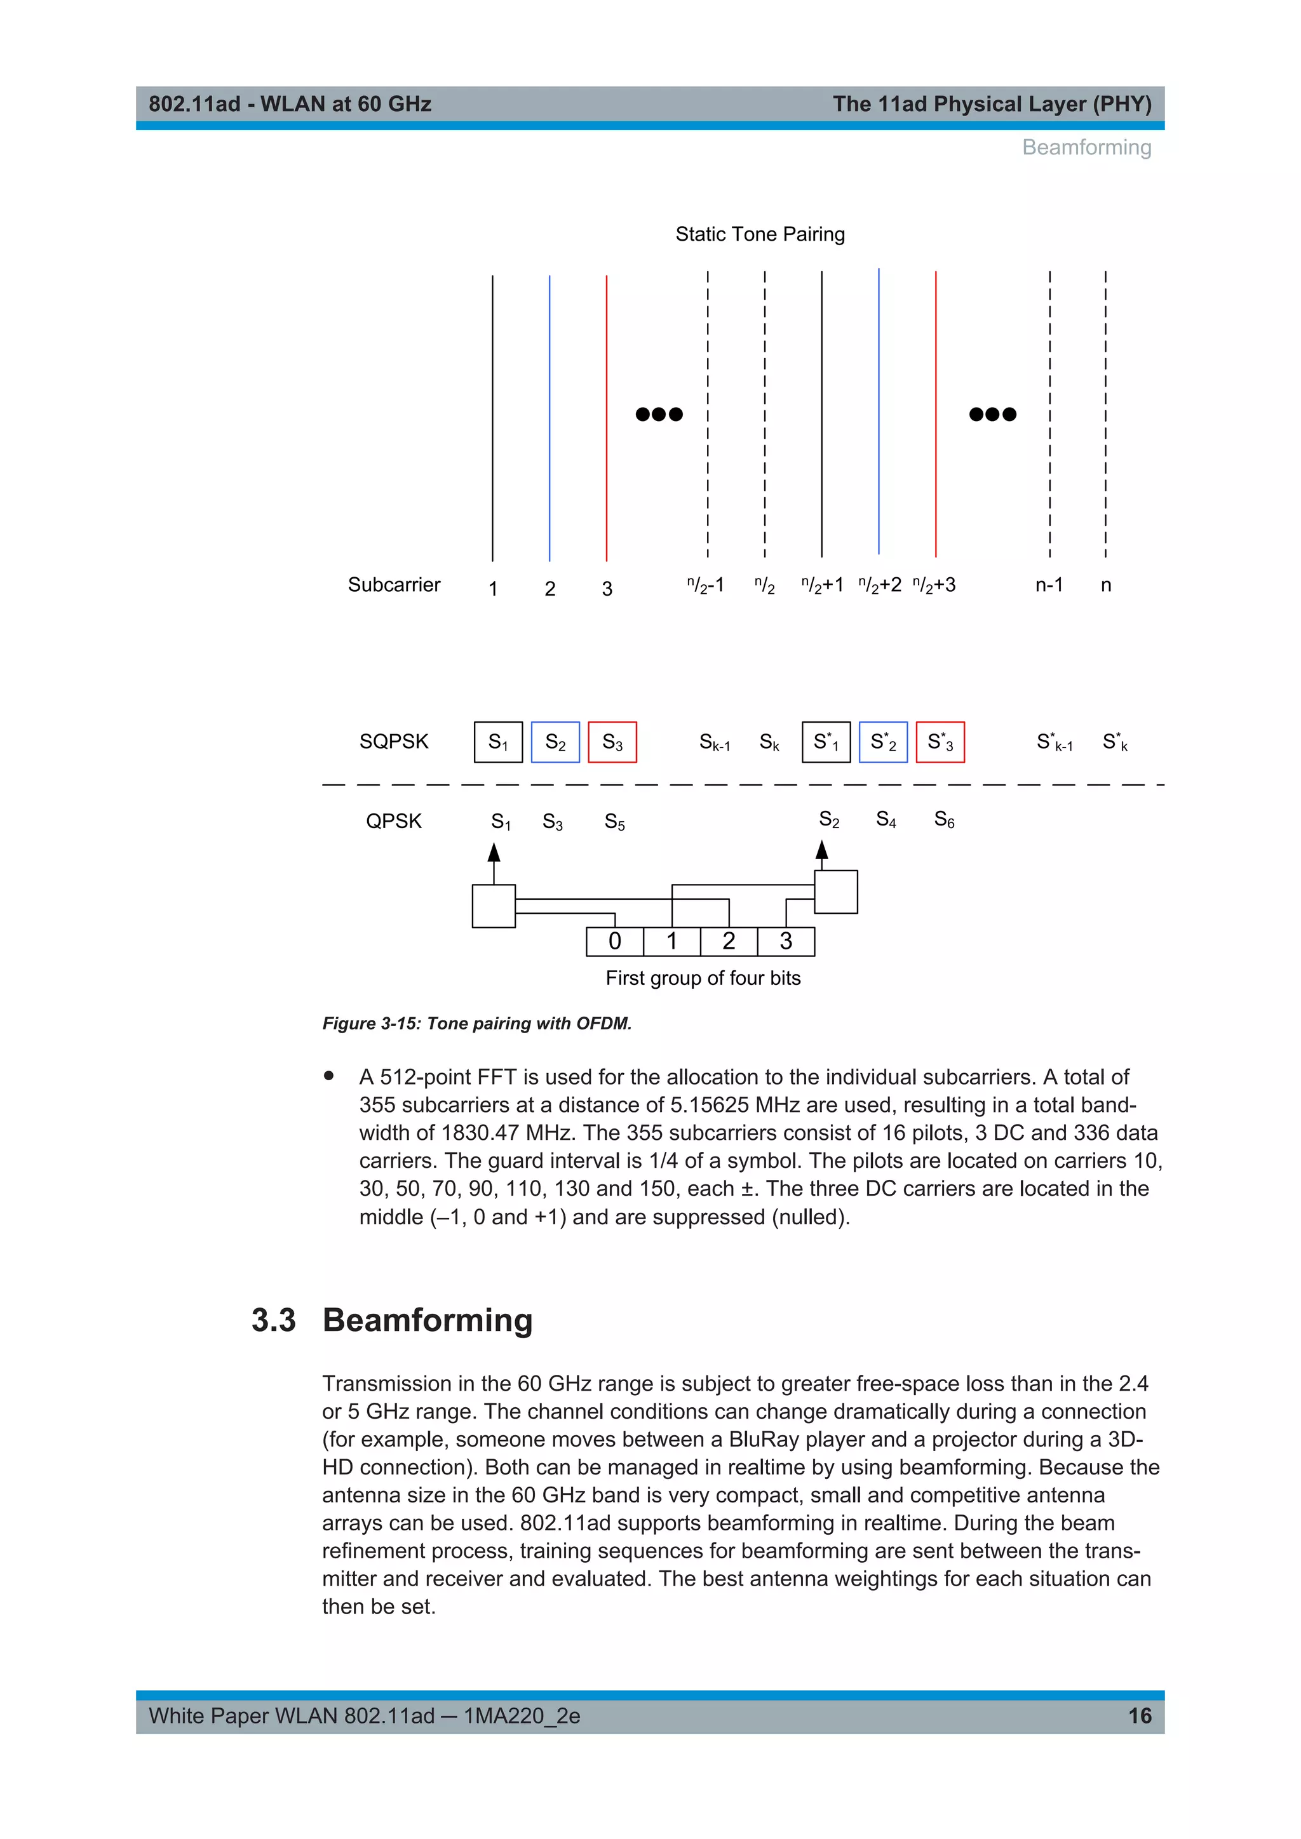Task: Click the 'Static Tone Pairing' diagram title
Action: (x=760, y=234)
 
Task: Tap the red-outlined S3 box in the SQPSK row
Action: (x=612, y=742)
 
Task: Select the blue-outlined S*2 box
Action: (x=883, y=742)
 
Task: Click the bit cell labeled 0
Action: (x=614, y=941)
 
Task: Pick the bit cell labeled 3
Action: (x=786, y=941)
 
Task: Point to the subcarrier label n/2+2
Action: (x=880, y=585)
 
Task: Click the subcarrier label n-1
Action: (x=1049, y=585)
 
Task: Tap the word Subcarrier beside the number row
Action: (x=393, y=585)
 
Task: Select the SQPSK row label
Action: (x=393, y=742)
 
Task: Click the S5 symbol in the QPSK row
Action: (x=614, y=822)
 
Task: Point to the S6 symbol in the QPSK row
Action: (x=944, y=820)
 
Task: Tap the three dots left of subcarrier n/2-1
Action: (x=659, y=414)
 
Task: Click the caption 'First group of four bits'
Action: (x=703, y=978)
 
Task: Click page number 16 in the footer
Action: (x=1139, y=1716)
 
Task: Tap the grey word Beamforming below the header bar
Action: (x=1086, y=147)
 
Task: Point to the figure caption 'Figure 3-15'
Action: (x=476, y=1024)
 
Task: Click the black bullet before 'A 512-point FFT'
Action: (x=328, y=1076)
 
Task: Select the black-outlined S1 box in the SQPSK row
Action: (x=498, y=742)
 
